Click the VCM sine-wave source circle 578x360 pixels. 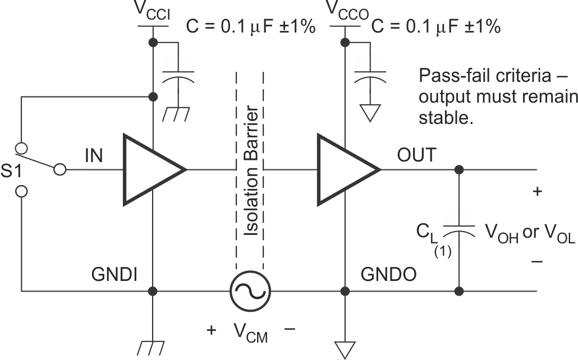tap(250, 291)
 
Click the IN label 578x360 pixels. tap(94, 155)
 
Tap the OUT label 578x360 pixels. tap(415, 155)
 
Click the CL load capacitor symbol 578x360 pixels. tap(460, 229)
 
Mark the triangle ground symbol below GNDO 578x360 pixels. tap(345, 349)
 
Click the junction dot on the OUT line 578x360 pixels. tap(460, 169)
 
